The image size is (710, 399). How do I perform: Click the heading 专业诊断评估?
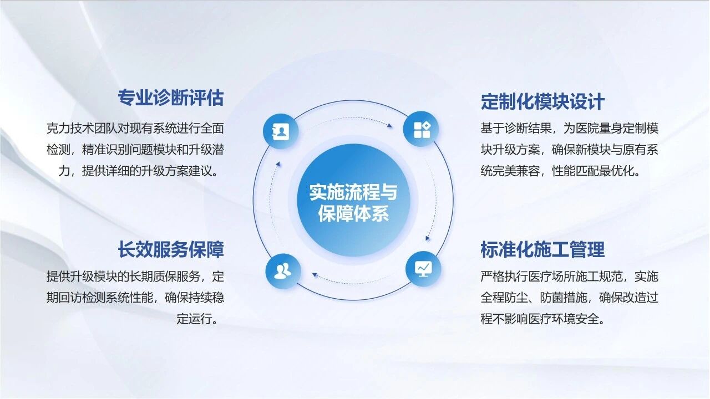point(171,98)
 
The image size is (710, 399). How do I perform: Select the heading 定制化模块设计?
point(542,101)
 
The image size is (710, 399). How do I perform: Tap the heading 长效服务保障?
point(171,249)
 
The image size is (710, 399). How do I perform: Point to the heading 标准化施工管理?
point(542,249)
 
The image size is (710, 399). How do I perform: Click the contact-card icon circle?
point(281,131)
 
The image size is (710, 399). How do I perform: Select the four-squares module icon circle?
point(421,129)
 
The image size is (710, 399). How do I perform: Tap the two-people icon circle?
point(283,271)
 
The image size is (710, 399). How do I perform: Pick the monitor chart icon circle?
point(423,269)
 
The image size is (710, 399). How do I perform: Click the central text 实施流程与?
point(353,192)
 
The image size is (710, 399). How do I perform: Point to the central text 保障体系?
point(353,214)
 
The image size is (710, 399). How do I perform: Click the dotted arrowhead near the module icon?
point(389,126)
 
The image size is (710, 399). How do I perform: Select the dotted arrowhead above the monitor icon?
point(428,238)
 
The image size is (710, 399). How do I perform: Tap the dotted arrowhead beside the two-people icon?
point(315,275)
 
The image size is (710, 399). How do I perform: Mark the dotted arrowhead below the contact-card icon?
point(278,164)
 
